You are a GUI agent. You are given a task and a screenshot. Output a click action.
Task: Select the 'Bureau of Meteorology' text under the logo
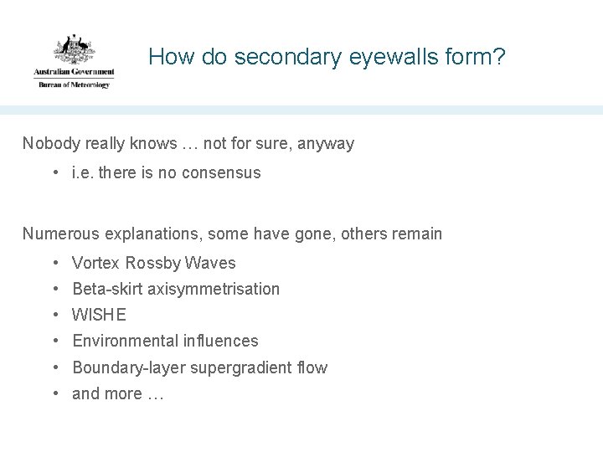(x=74, y=85)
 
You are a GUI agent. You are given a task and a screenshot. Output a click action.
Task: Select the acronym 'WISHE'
(x=100, y=315)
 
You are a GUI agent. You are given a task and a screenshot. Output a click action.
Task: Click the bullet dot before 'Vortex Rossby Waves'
(x=54, y=263)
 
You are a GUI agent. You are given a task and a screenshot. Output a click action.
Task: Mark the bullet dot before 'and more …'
(x=54, y=393)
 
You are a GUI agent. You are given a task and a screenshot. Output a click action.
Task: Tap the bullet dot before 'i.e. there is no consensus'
(x=54, y=173)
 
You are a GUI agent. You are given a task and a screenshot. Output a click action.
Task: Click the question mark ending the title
(x=499, y=58)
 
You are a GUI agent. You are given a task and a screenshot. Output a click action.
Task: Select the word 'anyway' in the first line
(x=327, y=144)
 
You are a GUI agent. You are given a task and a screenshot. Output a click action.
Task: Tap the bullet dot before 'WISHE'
(x=54, y=315)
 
